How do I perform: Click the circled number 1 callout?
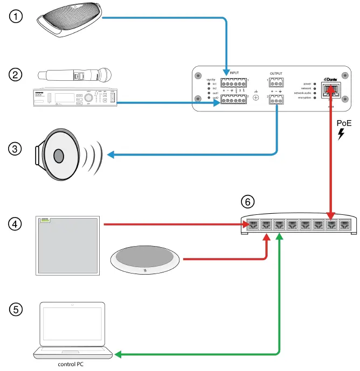tap(17, 17)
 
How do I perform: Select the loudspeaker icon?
tap(59, 155)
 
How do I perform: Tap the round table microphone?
tap(144, 261)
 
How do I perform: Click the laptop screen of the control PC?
tap(72, 325)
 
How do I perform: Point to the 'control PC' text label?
tap(72, 365)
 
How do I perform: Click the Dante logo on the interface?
tap(330, 80)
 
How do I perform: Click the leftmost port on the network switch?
tap(252, 223)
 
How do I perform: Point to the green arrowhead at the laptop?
tap(119, 355)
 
